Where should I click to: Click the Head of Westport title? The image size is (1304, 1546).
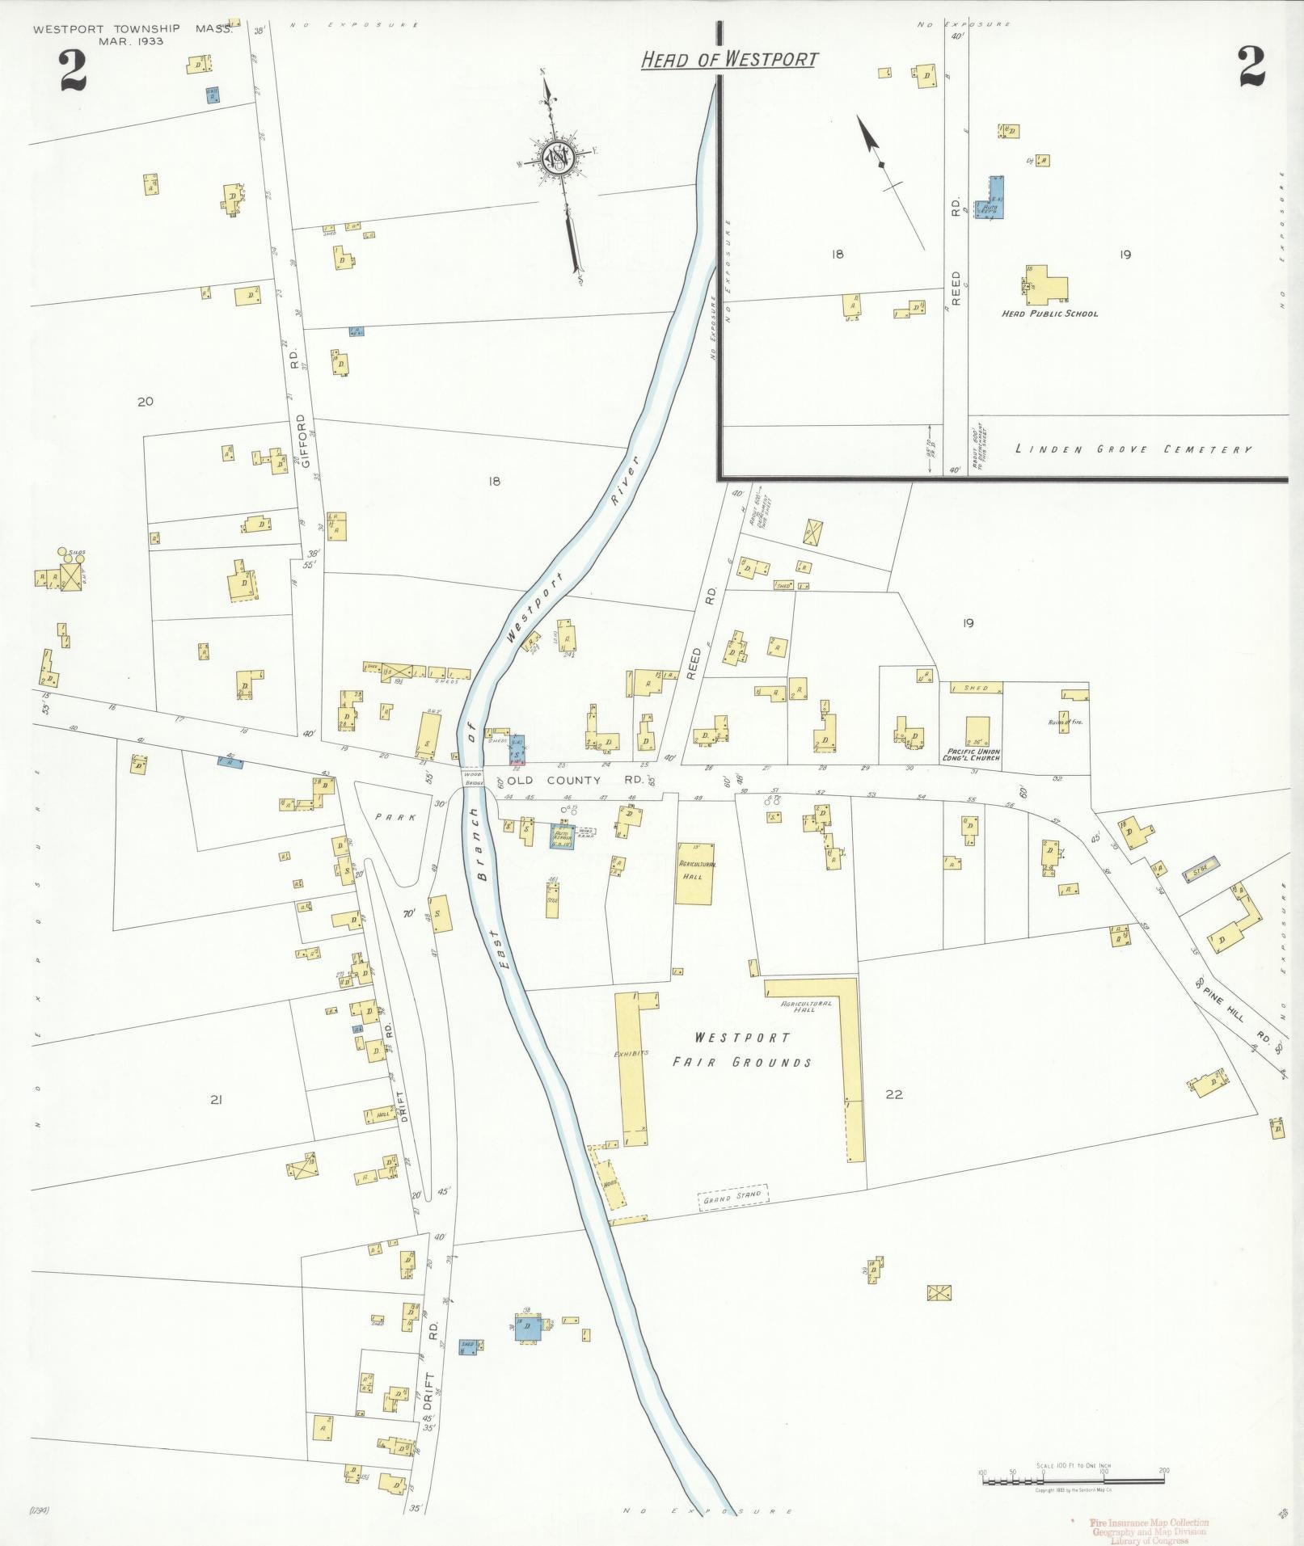coord(729,59)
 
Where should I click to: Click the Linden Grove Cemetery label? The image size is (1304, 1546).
coord(1133,449)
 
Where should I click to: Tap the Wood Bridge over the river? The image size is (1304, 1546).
coord(473,778)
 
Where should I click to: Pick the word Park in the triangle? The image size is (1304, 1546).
coord(395,817)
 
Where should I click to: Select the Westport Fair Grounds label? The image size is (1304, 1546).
coord(742,1050)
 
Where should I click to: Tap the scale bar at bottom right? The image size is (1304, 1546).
coord(1073,1481)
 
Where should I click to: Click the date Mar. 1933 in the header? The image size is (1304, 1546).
coord(131,41)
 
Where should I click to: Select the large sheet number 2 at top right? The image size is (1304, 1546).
coord(1251,66)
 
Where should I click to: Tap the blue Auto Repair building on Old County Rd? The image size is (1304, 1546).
coord(562,836)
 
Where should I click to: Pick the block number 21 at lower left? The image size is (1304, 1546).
coord(216,1099)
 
